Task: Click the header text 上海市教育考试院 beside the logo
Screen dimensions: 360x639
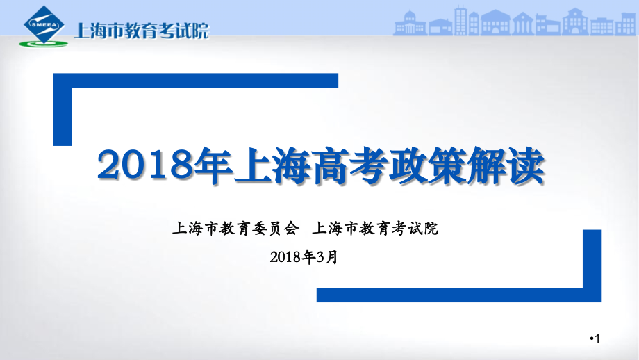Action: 140,30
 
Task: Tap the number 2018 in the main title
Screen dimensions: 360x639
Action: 143,166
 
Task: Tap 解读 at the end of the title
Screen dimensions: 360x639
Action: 512,166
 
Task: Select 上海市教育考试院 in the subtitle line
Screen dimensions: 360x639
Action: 376,228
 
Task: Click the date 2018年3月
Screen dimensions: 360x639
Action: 305,256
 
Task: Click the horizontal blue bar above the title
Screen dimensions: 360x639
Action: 196,81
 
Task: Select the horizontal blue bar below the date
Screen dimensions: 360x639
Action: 458,295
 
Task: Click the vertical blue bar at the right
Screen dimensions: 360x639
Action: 592,264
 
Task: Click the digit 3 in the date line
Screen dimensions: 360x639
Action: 321,256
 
